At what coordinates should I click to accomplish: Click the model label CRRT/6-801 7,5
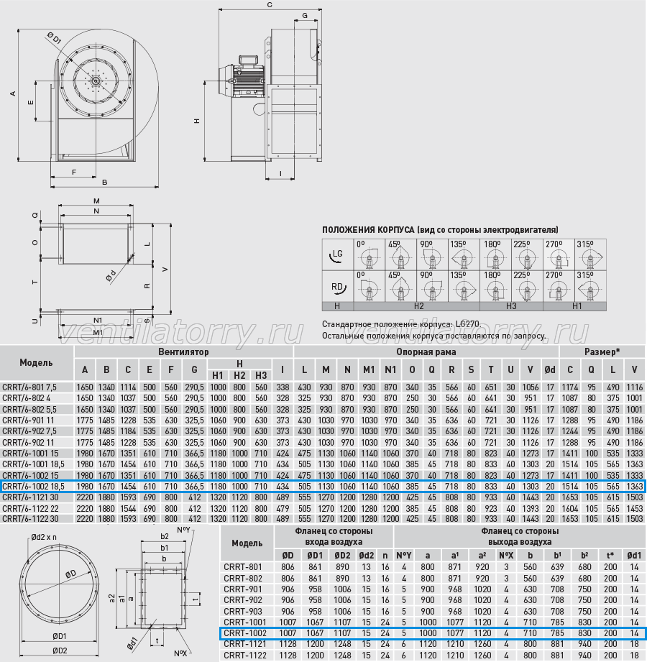tap(29, 387)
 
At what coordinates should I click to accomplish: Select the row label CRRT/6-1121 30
tap(30, 497)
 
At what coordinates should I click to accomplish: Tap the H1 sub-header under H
tap(218, 375)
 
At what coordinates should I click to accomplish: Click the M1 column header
tap(369, 370)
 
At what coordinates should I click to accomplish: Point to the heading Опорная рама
tap(426, 351)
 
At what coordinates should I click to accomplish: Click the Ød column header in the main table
tap(550, 370)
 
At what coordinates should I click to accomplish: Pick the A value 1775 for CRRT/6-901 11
tap(85, 420)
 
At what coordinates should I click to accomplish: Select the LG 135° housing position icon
tap(464, 255)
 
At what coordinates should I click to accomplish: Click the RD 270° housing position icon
tap(559, 287)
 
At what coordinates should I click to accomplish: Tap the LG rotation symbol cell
tap(337, 255)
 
